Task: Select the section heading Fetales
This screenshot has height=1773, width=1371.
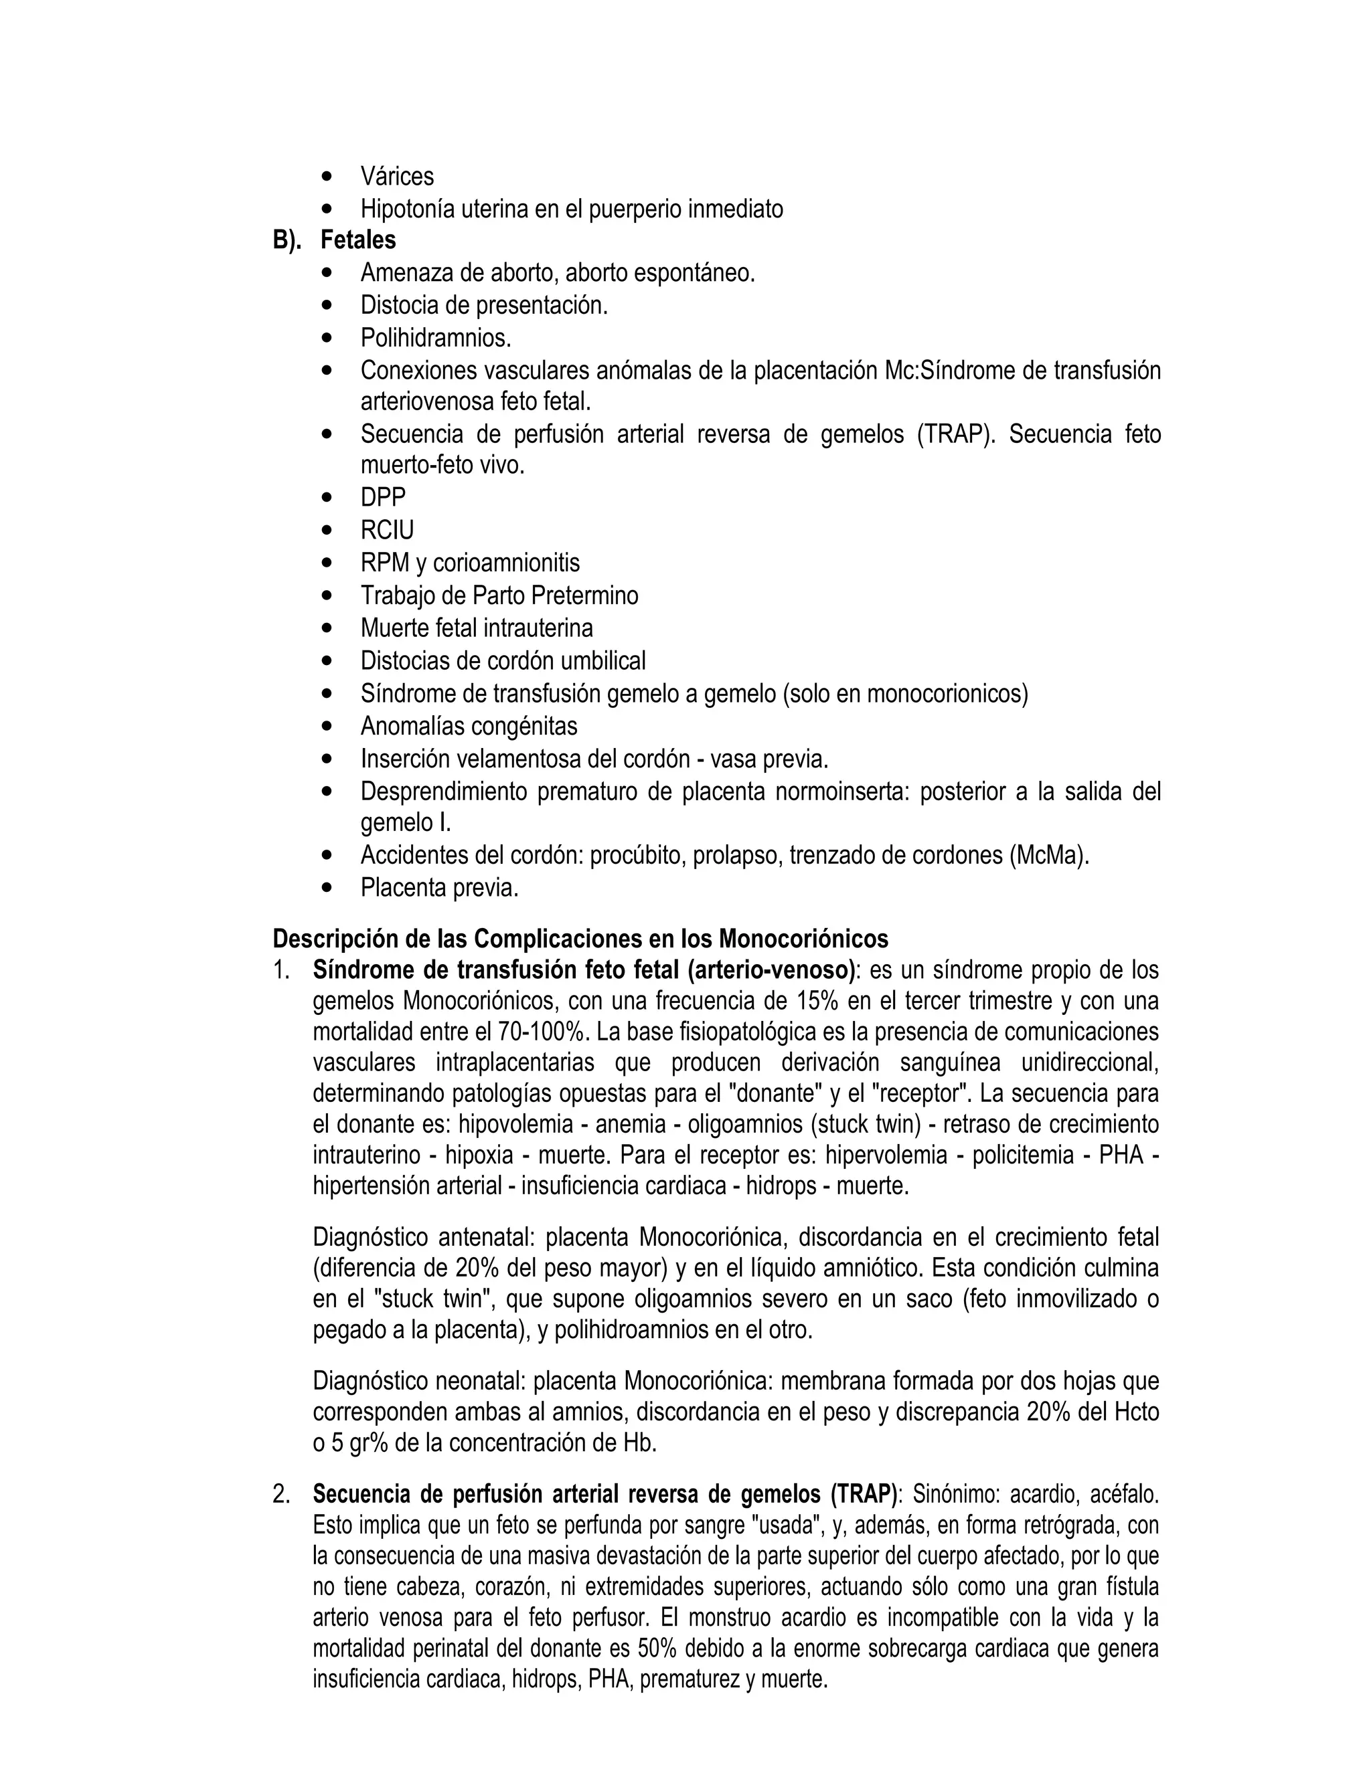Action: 358,240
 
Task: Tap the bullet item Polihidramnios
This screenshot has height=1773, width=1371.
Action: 435,338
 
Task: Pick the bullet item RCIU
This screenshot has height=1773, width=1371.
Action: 387,530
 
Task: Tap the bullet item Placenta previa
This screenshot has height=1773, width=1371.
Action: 438,888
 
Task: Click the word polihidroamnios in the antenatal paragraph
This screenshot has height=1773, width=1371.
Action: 635,1331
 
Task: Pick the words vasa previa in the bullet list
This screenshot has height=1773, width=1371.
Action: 769,759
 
